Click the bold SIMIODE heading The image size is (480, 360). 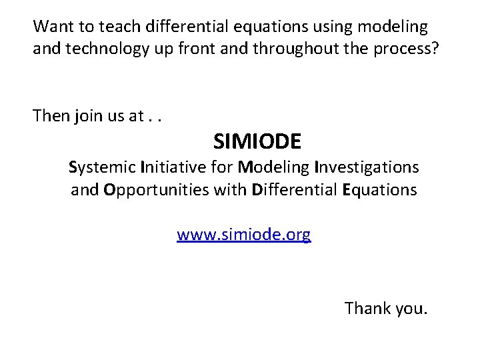click(x=257, y=141)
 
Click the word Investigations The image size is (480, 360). click(x=367, y=167)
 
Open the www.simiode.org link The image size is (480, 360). click(x=244, y=235)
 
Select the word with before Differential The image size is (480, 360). click(x=230, y=190)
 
